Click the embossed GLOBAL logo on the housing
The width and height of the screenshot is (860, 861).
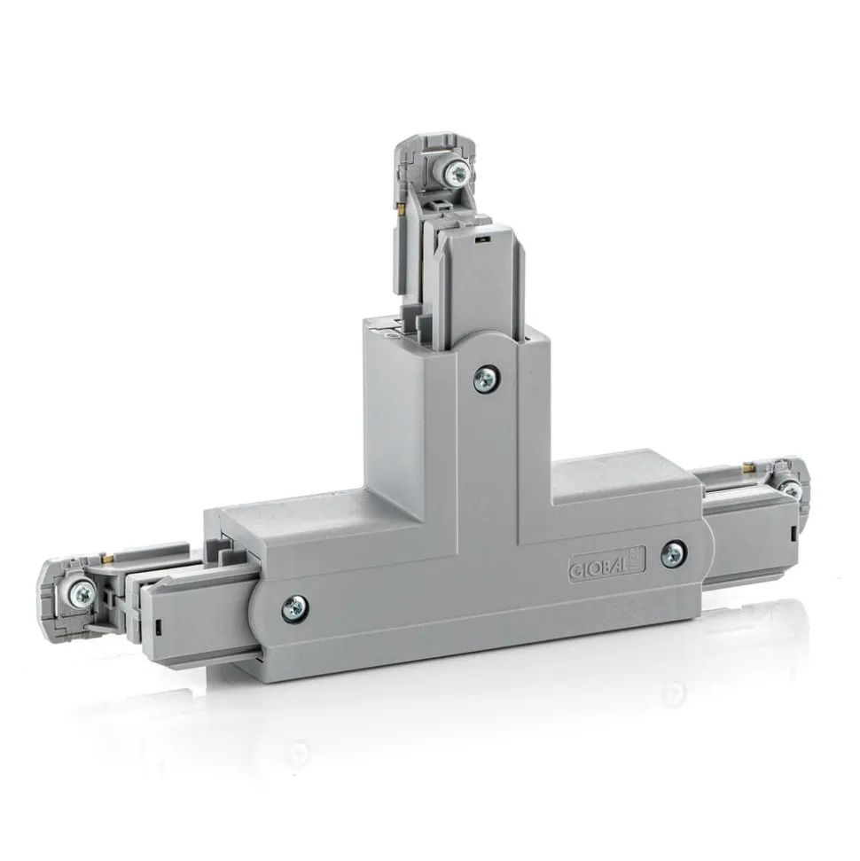(x=606, y=563)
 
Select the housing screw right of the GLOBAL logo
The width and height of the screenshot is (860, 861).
(x=672, y=555)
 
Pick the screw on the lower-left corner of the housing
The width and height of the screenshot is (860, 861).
(x=295, y=608)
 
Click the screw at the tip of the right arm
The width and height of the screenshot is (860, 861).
(x=791, y=489)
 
